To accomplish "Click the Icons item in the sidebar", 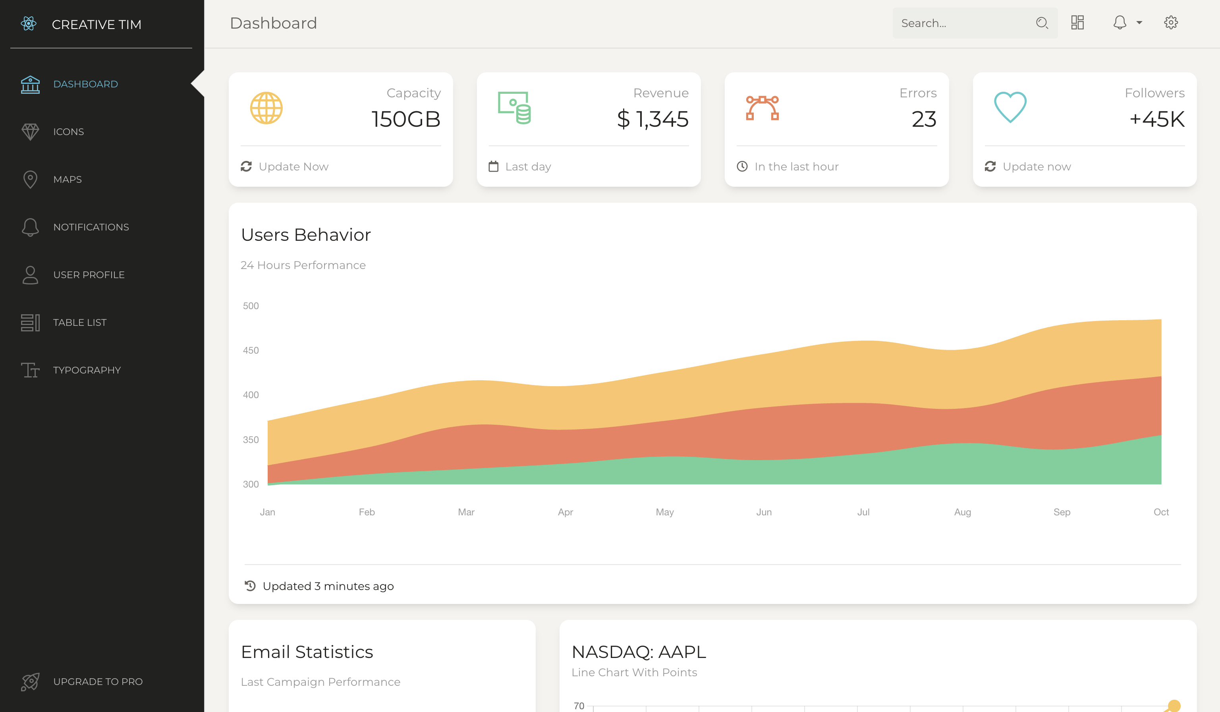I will click(68, 132).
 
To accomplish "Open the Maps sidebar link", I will click(67, 179).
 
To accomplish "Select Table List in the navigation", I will click(79, 323).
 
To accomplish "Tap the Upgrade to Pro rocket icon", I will click(30, 681).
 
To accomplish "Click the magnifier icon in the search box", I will click(1041, 23).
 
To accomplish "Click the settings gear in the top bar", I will click(1171, 23).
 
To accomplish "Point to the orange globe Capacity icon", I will click(266, 108).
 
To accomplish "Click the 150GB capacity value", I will click(406, 119).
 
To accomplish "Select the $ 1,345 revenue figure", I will click(652, 119).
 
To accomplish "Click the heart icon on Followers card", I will click(1010, 107).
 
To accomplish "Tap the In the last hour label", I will click(796, 166).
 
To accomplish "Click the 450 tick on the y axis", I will click(251, 350).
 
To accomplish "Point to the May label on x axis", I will click(664, 512).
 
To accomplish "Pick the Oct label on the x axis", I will click(1160, 512).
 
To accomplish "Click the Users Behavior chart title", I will click(306, 235).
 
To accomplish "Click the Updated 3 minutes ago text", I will click(328, 586).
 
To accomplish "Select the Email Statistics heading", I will click(307, 652).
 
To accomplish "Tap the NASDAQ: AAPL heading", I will click(639, 652).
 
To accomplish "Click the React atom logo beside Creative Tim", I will click(29, 23).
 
